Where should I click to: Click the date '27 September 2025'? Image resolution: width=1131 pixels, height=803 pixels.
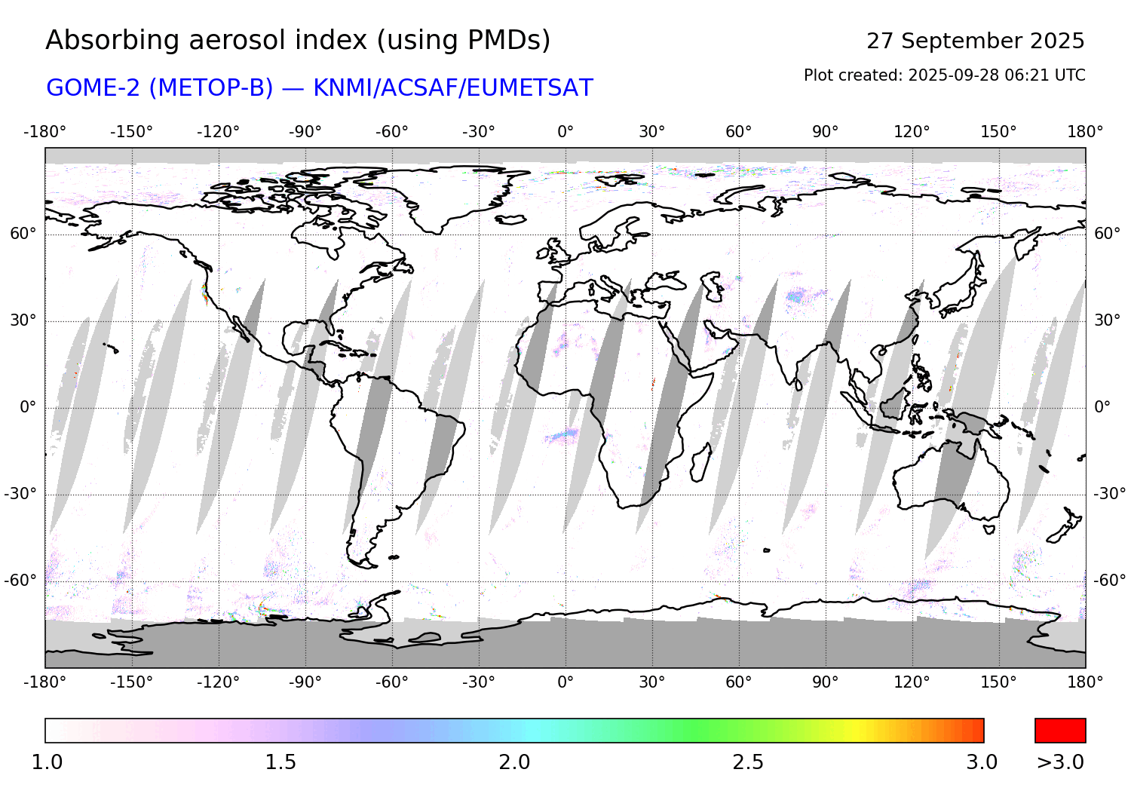pyautogui.click(x=975, y=41)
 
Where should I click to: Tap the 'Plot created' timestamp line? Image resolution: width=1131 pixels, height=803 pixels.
pyautogui.click(x=944, y=75)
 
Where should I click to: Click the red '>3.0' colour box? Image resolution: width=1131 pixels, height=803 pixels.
pyautogui.click(x=1060, y=731)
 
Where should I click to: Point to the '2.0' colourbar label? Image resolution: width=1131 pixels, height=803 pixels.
pyautogui.click(x=514, y=762)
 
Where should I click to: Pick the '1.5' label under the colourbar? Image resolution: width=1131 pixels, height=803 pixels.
pyautogui.click(x=280, y=762)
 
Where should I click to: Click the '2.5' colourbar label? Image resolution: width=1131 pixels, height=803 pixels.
pyautogui.click(x=748, y=762)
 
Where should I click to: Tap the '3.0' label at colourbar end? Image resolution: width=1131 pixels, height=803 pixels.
pyautogui.click(x=982, y=762)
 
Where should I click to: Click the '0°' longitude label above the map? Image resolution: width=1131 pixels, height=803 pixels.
pyautogui.click(x=565, y=132)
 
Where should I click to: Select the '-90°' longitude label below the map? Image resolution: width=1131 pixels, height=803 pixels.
pyautogui.click(x=305, y=682)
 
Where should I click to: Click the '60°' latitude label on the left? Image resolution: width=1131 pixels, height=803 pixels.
pyautogui.click(x=23, y=234)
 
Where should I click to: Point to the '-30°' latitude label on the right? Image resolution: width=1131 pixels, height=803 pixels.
pyautogui.click(x=1110, y=494)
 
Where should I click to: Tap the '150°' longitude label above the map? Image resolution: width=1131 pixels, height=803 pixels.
pyautogui.click(x=998, y=132)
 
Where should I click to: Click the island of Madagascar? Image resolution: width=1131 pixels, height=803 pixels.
pyautogui.click(x=700, y=463)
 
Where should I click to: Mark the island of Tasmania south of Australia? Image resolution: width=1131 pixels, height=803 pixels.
pyautogui.click(x=989, y=529)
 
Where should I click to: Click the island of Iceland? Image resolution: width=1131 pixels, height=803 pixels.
pyautogui.click(x=511, y=219)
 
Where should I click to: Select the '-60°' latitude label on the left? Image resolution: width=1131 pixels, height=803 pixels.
pyautogui.click(x=20, y=581)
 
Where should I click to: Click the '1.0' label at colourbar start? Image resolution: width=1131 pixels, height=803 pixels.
pyautogui.click(x=47, y=762)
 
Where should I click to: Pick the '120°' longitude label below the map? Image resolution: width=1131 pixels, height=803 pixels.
pyautogui.click(x=912, y=682)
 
